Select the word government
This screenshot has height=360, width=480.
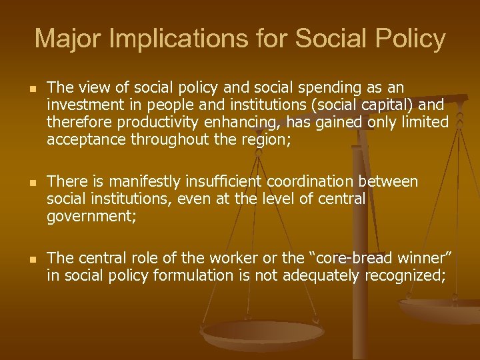(x=85, y=215)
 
